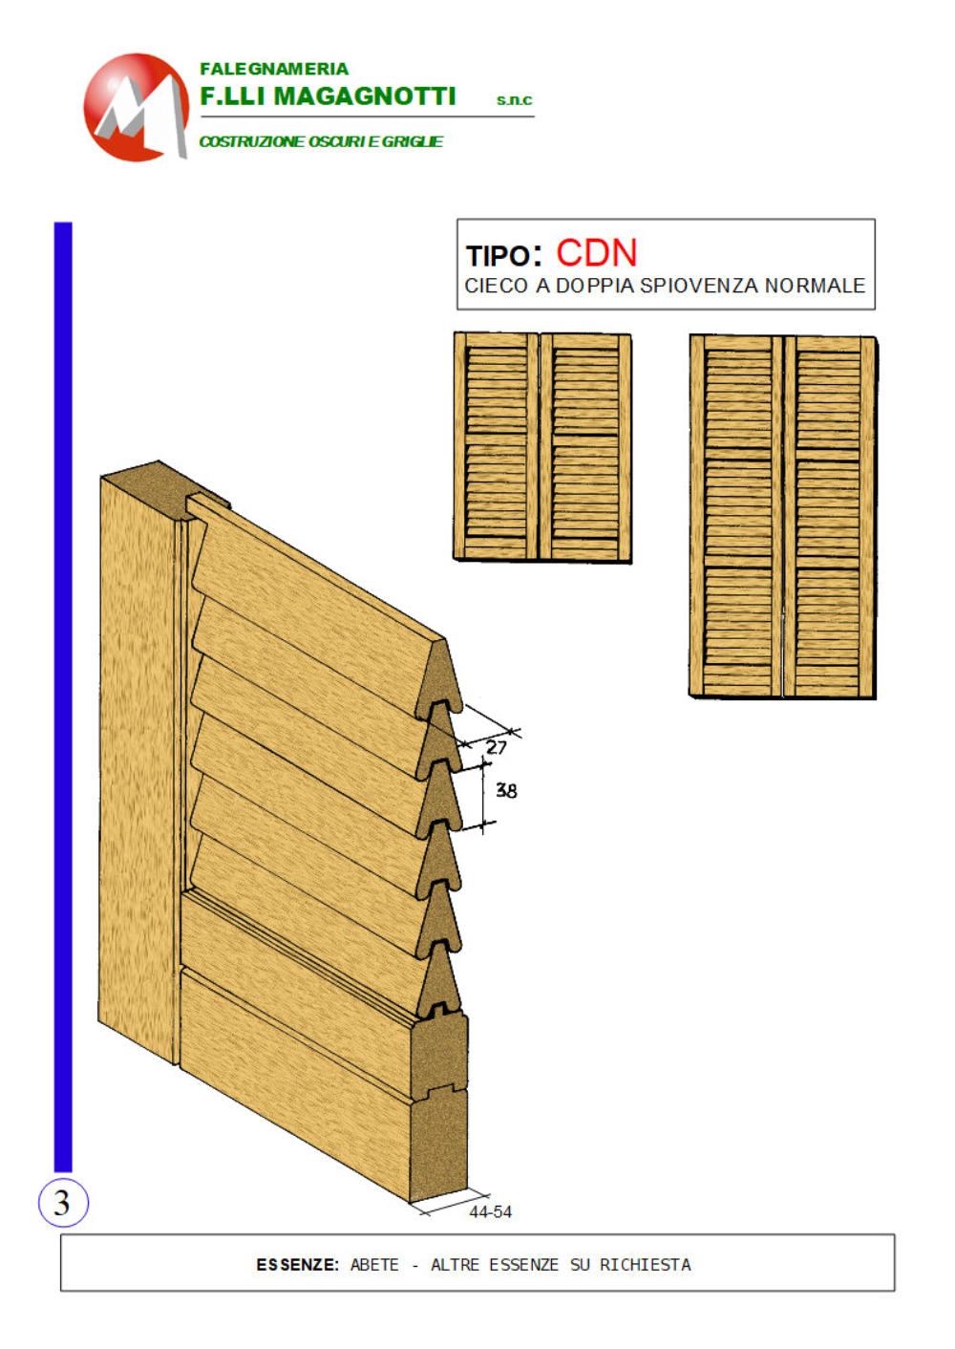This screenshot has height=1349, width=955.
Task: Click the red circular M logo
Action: pos(136,107)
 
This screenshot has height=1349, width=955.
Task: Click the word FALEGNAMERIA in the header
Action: pos(274,69)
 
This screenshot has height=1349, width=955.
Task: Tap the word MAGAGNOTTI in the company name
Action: pos(364,96)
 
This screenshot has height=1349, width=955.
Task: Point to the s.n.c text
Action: pos(514,100)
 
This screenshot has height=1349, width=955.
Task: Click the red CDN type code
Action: pos(596,253)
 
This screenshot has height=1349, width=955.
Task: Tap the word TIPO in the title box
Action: pos(498,257)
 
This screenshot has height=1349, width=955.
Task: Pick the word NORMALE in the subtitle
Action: pos(815,286)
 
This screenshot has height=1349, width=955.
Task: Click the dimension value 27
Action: pos(497,747)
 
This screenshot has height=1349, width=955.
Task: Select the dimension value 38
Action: pos(506,790)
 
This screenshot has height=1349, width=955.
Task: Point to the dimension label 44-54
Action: pos(490,1212)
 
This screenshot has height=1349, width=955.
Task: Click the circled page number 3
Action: pos(63,1203)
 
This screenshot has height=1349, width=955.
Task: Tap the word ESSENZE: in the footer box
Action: pos(297,1265)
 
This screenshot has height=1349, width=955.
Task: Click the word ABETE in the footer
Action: pos(374,1265)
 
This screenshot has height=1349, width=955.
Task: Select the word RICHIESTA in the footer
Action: pos(645,1265)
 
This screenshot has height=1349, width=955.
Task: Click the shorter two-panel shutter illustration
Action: pos(542,447)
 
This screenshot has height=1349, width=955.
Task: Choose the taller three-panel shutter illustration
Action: pos(783,517)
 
